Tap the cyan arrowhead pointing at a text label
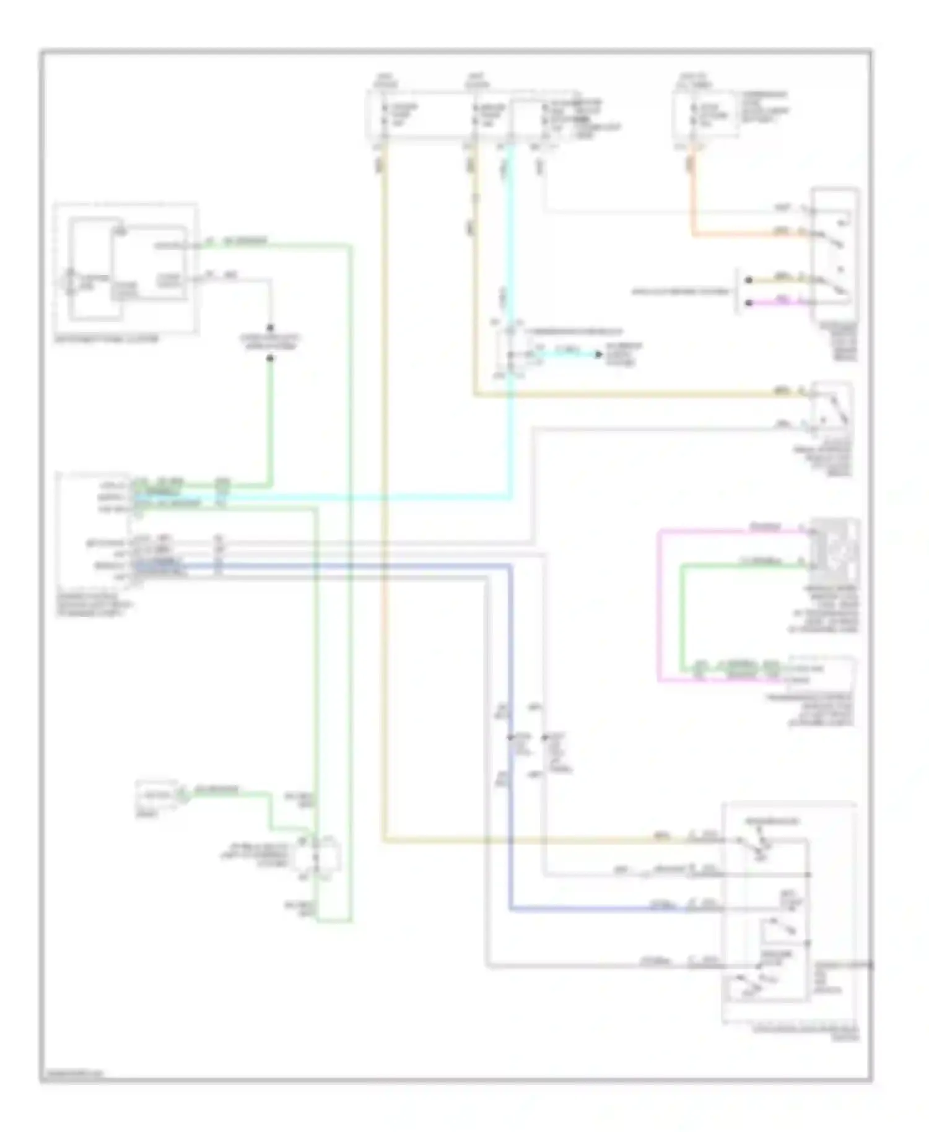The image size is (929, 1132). [x=598, y=354]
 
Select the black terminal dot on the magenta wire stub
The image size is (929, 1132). [x=749, y=303]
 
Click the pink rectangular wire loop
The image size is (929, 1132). [x=659, y=607]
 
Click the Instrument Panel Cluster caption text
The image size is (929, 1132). [x=106, y=339]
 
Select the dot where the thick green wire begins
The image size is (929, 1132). [x=270, y=359]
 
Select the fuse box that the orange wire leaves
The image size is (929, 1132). [x=706, y=115]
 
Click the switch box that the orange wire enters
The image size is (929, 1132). [x=836, y=254]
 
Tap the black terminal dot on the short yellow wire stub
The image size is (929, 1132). [x=749, y=280]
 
